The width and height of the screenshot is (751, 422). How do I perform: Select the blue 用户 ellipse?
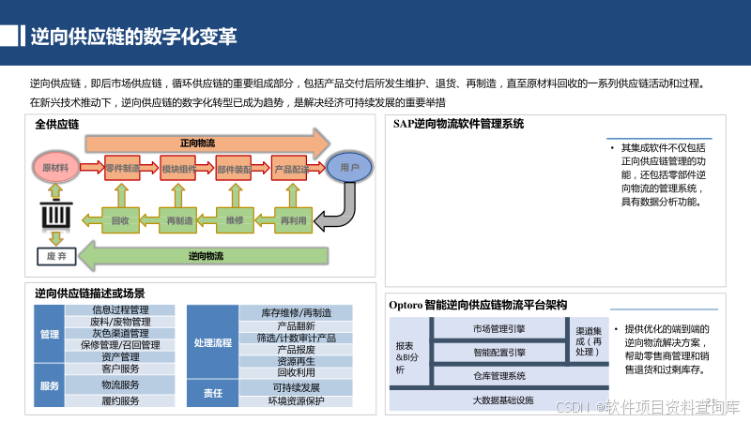tap(349, 168)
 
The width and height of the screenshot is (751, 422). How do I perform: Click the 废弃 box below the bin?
tap(55, 255)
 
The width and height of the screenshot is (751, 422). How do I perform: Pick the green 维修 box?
tap(235, 220)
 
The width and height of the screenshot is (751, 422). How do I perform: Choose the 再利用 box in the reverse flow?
tap(292, 220)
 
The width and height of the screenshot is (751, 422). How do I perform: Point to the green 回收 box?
tap(120, 220)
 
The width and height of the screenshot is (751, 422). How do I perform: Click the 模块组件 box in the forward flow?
tap(178, 169)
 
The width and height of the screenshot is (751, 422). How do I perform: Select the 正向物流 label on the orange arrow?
tap(197, 143)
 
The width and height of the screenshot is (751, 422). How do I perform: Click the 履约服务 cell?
tap(119, 400)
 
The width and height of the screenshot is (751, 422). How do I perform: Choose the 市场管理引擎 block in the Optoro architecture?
tap(498, 328)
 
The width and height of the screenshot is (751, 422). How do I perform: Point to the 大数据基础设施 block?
tap(502, 400)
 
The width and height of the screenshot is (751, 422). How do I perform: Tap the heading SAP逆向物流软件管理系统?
tap(458, 124)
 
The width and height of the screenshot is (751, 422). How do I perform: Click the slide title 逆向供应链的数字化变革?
tap(132, 37)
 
